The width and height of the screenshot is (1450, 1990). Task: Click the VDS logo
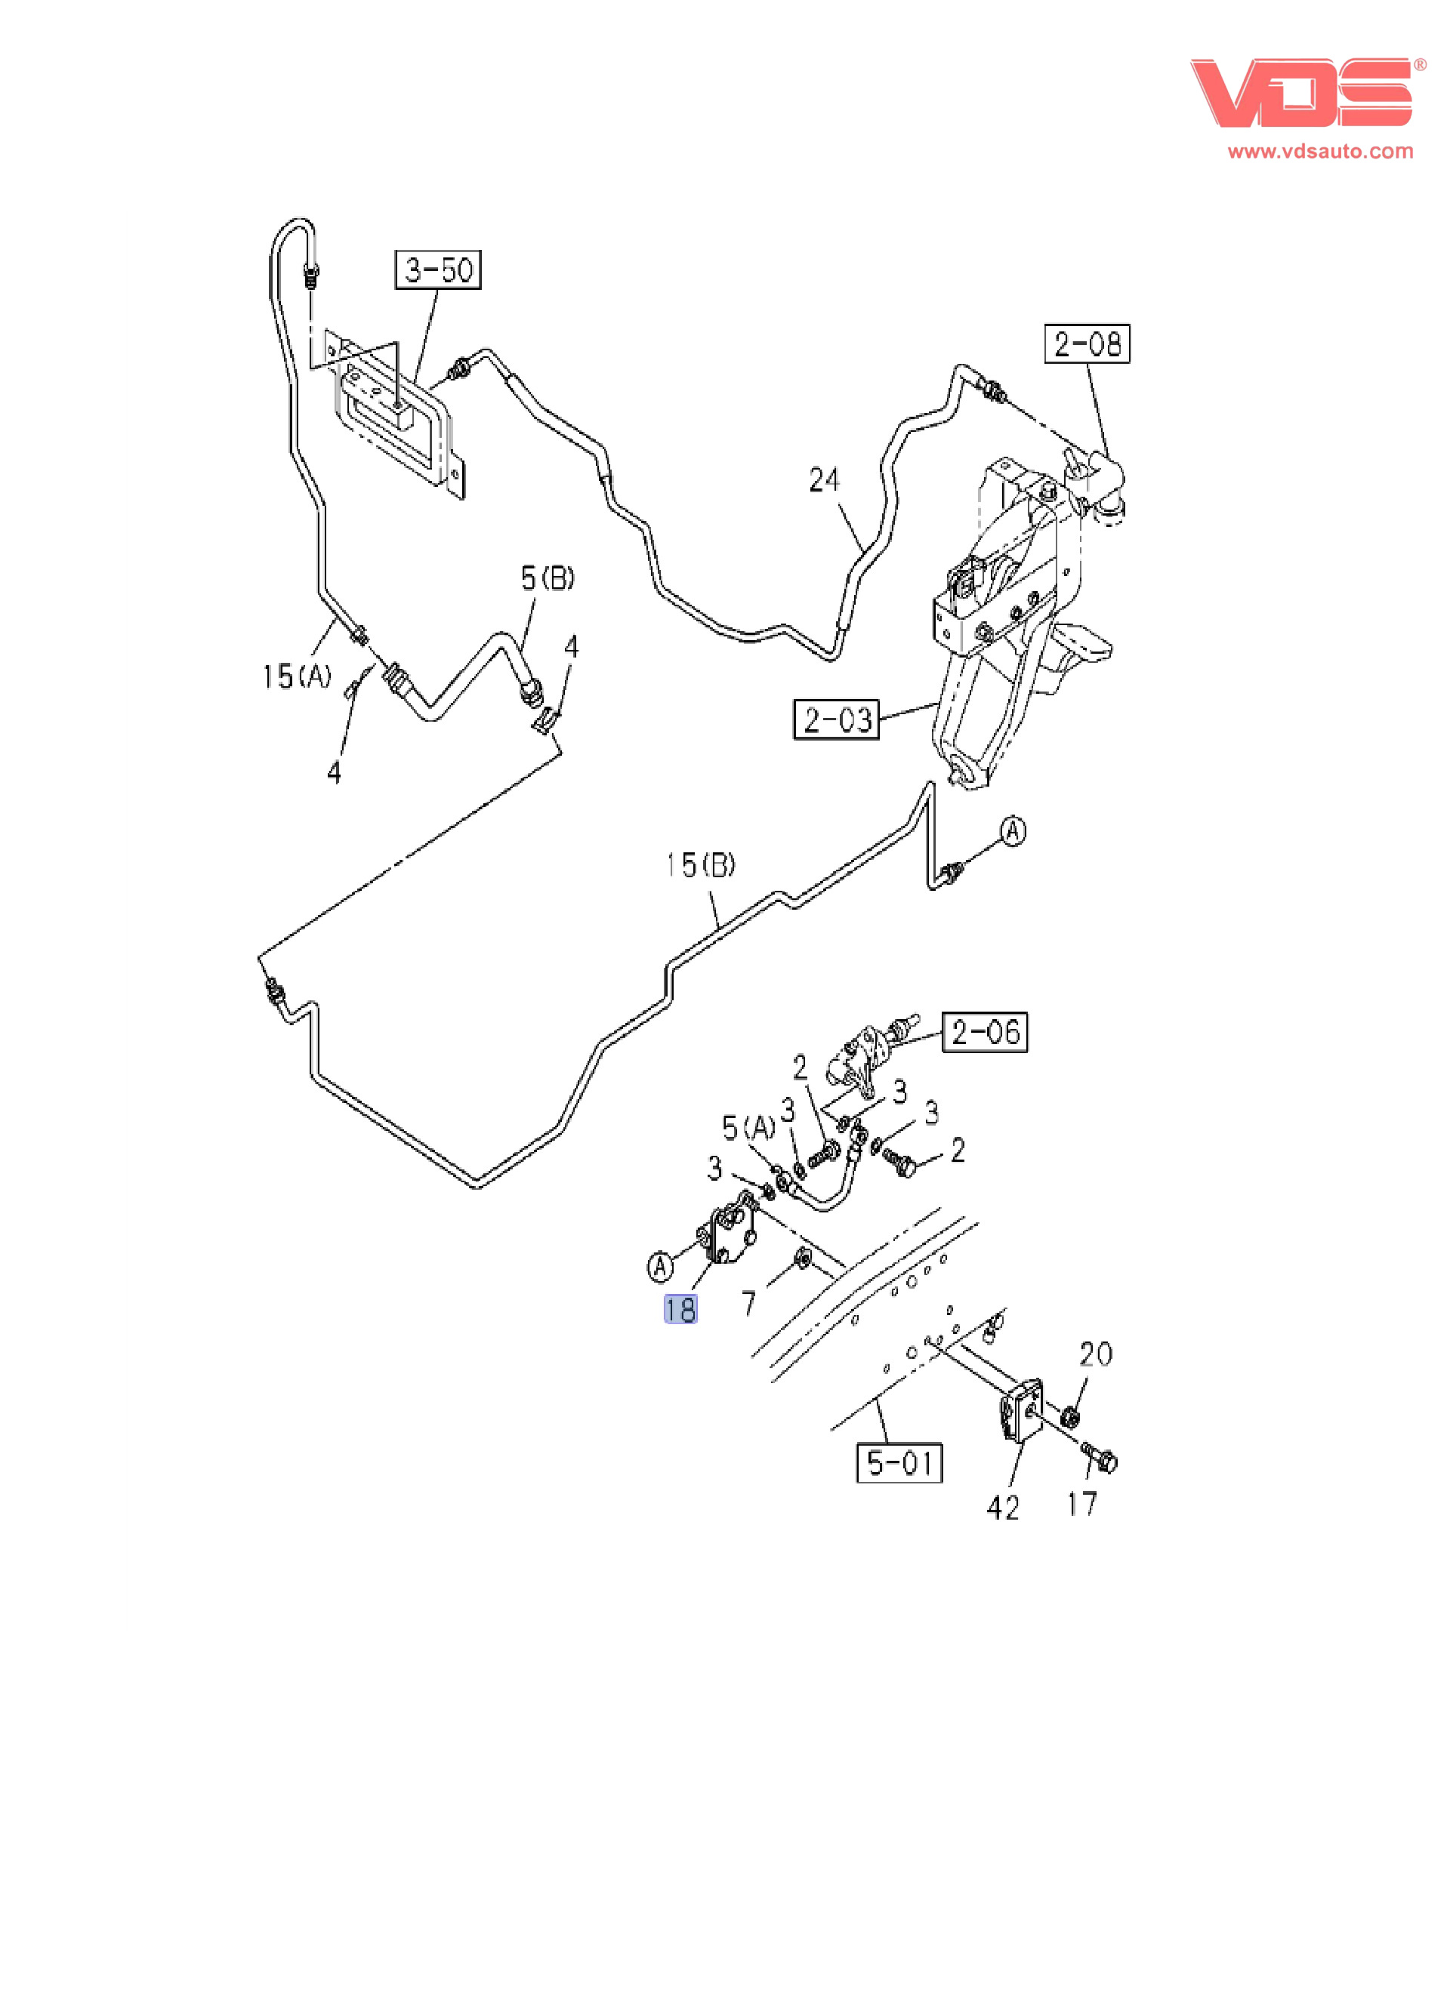pos(1300,93)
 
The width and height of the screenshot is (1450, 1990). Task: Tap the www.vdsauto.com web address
pos(1320,151)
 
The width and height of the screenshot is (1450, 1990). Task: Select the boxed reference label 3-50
pos(438,270)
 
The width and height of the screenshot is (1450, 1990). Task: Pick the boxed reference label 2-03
pos(837,719)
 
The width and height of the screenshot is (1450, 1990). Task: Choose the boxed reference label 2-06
pos(984,1032)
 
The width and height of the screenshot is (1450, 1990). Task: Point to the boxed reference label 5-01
pos(899,1462)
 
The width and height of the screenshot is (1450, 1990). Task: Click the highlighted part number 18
pos(680,1310)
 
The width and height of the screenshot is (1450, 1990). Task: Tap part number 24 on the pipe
pos(824,480)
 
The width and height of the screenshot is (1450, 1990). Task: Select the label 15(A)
pos(297,676)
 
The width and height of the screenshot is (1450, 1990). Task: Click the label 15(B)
pos(700,865)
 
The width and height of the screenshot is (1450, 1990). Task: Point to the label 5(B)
pos(547,578)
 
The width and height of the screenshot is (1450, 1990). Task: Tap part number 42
pos(1002,1508)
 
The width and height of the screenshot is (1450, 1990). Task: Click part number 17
pos(1081,1504)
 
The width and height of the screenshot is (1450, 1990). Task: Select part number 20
pos(1095,1354)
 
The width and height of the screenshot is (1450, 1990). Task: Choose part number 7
pos(748,1304)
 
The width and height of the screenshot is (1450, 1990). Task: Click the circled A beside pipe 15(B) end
pos(1013,831)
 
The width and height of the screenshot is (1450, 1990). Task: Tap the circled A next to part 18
pos(660,1266)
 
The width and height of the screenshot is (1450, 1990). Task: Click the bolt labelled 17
pos(1100,1458)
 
